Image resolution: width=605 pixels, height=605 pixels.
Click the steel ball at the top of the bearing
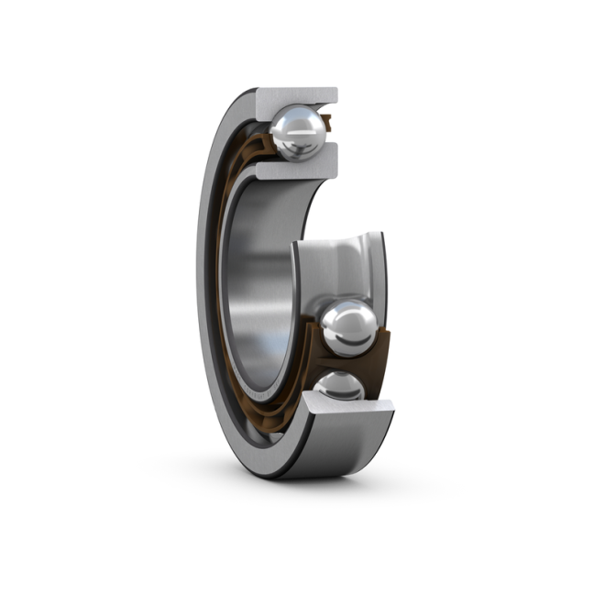coord(299,131)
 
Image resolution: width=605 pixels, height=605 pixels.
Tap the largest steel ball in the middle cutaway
coord(348,327)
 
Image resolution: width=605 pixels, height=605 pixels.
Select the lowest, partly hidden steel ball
coord(338,387)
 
